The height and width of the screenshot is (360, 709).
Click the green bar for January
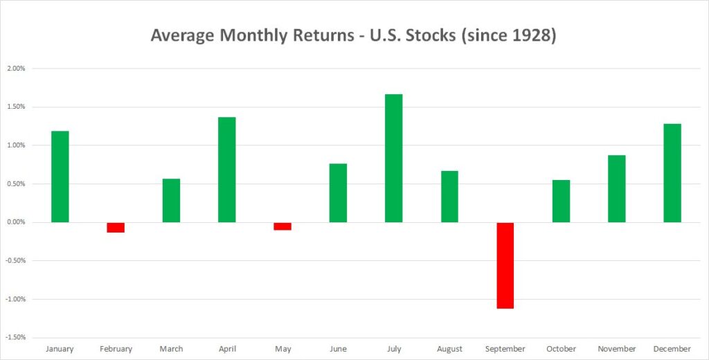pos(60,177)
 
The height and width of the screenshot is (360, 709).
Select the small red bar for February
pos(116,228)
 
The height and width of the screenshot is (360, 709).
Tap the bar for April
pos(227,170)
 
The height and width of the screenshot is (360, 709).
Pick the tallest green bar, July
pos(394,159)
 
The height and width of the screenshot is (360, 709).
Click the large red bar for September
pos(505,265)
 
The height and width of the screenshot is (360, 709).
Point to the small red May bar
pos(282,226)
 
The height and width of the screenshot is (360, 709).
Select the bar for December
pos(672,173)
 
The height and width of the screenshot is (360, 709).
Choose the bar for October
pos(561,201)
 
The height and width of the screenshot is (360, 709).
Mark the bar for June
pos(338,193)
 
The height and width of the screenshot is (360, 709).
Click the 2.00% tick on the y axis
pos(16,69)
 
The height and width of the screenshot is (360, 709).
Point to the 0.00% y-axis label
pos(16,222)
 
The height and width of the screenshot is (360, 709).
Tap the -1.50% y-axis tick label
pos(15,338)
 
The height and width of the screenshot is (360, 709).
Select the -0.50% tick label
pos(15,261)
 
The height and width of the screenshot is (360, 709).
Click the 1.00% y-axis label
pos(16,145)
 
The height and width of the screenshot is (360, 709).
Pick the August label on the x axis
pos(449,349)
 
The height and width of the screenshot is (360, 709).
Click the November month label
pos(617,349)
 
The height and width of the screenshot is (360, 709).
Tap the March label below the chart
pos(172,349)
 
